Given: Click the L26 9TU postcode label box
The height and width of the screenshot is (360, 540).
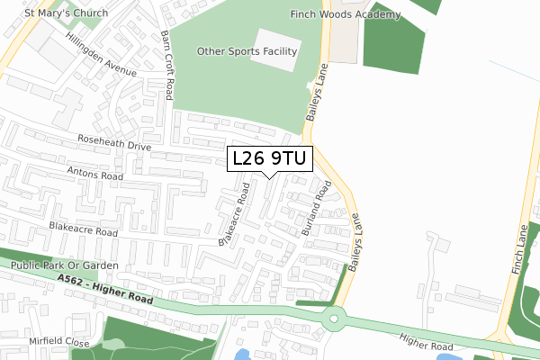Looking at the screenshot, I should coord(269,159).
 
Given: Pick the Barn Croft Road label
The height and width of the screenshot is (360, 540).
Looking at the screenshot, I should coord(166,66).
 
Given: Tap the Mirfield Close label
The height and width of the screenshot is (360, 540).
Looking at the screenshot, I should coord(58,343).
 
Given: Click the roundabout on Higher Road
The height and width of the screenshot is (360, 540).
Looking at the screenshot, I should coord(336,317).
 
